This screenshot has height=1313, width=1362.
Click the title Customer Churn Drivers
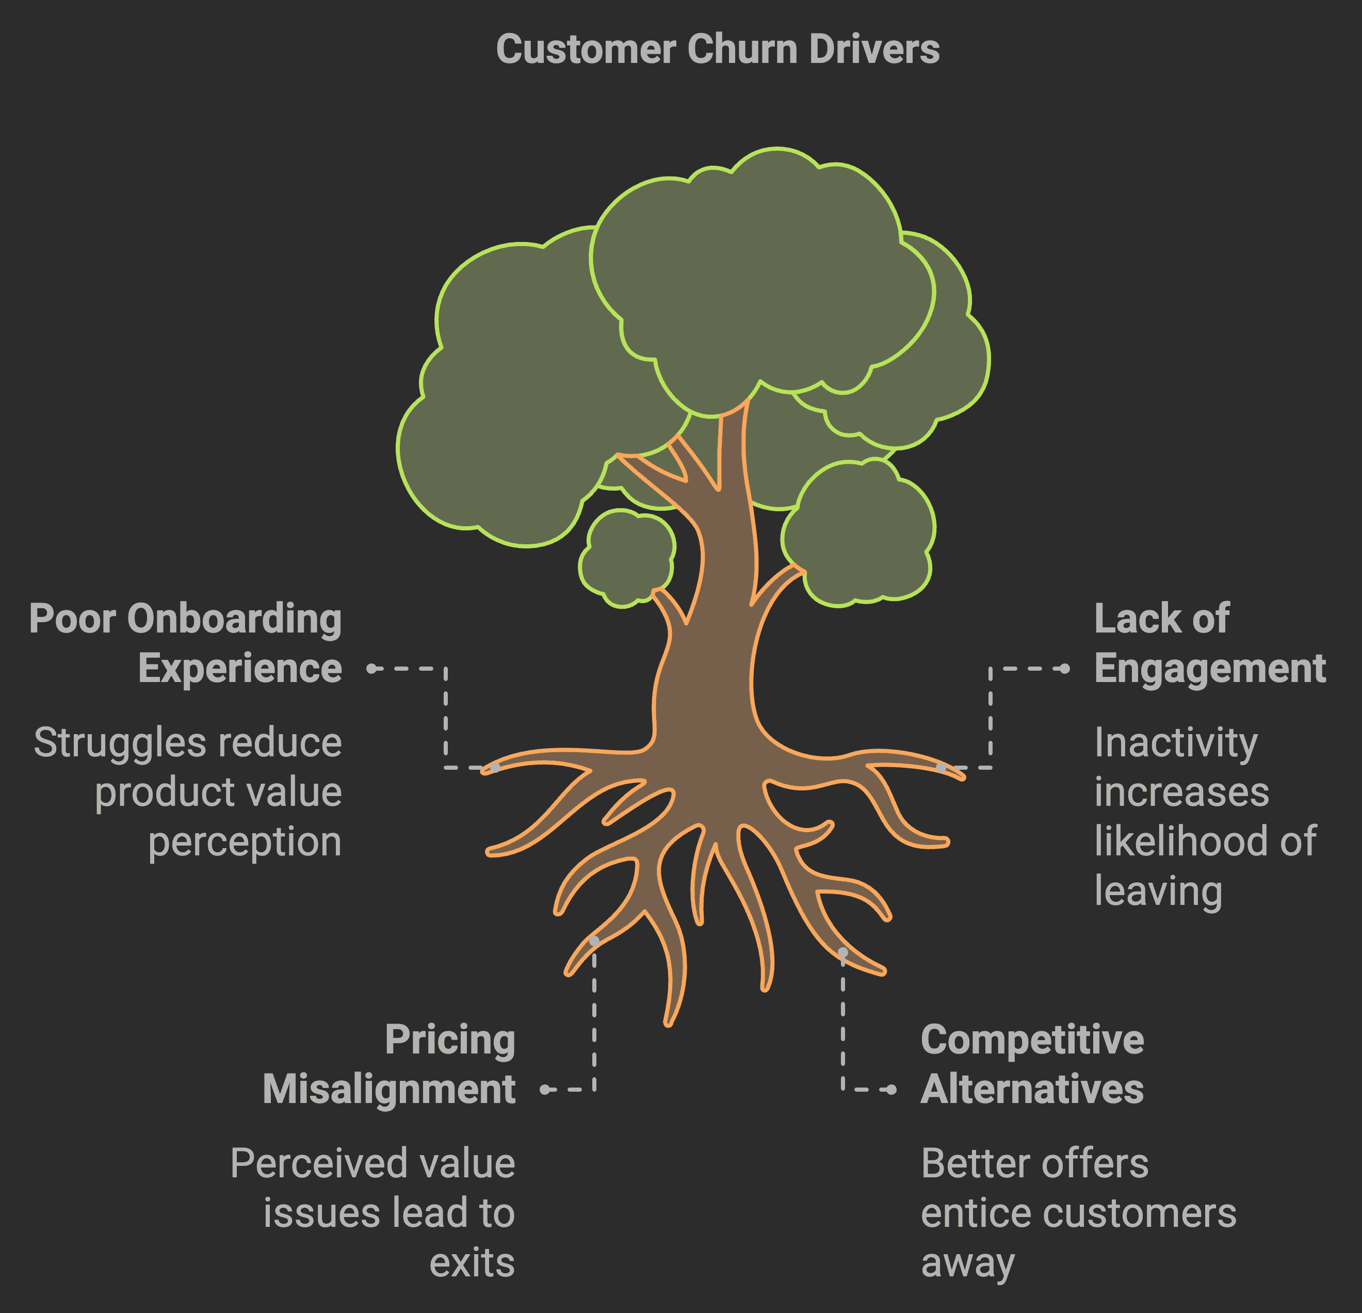[717, 50]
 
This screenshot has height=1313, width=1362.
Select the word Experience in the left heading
[240, 669]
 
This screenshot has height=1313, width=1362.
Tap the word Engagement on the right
[1210, 669]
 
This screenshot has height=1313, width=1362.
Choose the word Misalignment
[388, 1089]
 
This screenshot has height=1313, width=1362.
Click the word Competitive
[1032, 1040]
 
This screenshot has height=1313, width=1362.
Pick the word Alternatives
[1032, 1089]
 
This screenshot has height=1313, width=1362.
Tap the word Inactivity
[1176, 742]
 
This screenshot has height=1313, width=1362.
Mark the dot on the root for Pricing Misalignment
[594, 941]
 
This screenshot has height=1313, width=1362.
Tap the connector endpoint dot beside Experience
[372, 669]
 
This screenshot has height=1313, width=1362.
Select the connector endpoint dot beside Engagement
[1065, 669]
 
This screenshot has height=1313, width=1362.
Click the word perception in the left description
[245, 842]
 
